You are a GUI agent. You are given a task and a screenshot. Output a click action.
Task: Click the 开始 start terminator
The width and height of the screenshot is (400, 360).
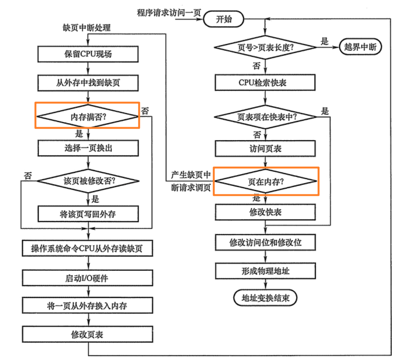tap(224, 19)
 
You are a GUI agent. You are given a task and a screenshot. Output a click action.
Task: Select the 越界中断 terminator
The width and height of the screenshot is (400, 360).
tap(360, 47)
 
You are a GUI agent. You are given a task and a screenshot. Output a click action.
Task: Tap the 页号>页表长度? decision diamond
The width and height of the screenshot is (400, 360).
tap(265, 47)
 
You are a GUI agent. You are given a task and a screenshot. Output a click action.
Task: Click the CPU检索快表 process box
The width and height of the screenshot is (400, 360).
tap(265, 82)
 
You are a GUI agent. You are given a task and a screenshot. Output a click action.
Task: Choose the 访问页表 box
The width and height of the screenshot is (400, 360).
tap(265, 149)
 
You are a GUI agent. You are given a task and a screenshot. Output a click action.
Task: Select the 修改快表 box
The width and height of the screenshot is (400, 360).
tap(265, 212)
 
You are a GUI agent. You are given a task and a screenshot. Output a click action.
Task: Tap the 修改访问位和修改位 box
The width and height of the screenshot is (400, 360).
tap(265, 243)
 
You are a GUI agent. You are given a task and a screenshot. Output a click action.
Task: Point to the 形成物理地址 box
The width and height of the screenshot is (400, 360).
tap(265, 271)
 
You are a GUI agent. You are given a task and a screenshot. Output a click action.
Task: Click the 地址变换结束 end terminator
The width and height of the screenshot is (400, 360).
tap(265, 298)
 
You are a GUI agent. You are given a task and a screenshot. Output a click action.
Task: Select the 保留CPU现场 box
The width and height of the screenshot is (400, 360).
tap(88, 54)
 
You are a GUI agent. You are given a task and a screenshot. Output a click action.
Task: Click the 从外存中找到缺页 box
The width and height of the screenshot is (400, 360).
tap(88, 82)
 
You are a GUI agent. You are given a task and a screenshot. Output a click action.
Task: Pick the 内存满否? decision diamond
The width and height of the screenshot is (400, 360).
tap(88, 116)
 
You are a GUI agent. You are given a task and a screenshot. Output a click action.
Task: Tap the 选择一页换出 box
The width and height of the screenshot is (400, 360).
tap(88, 148)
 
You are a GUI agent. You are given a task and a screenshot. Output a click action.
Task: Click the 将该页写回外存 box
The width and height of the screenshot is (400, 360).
tap(88, 214)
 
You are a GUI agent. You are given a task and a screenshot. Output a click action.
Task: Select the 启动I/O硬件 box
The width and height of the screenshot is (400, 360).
tap(88, 278)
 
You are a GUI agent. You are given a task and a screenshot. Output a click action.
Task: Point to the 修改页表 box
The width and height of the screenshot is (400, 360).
tap(88, 334)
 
